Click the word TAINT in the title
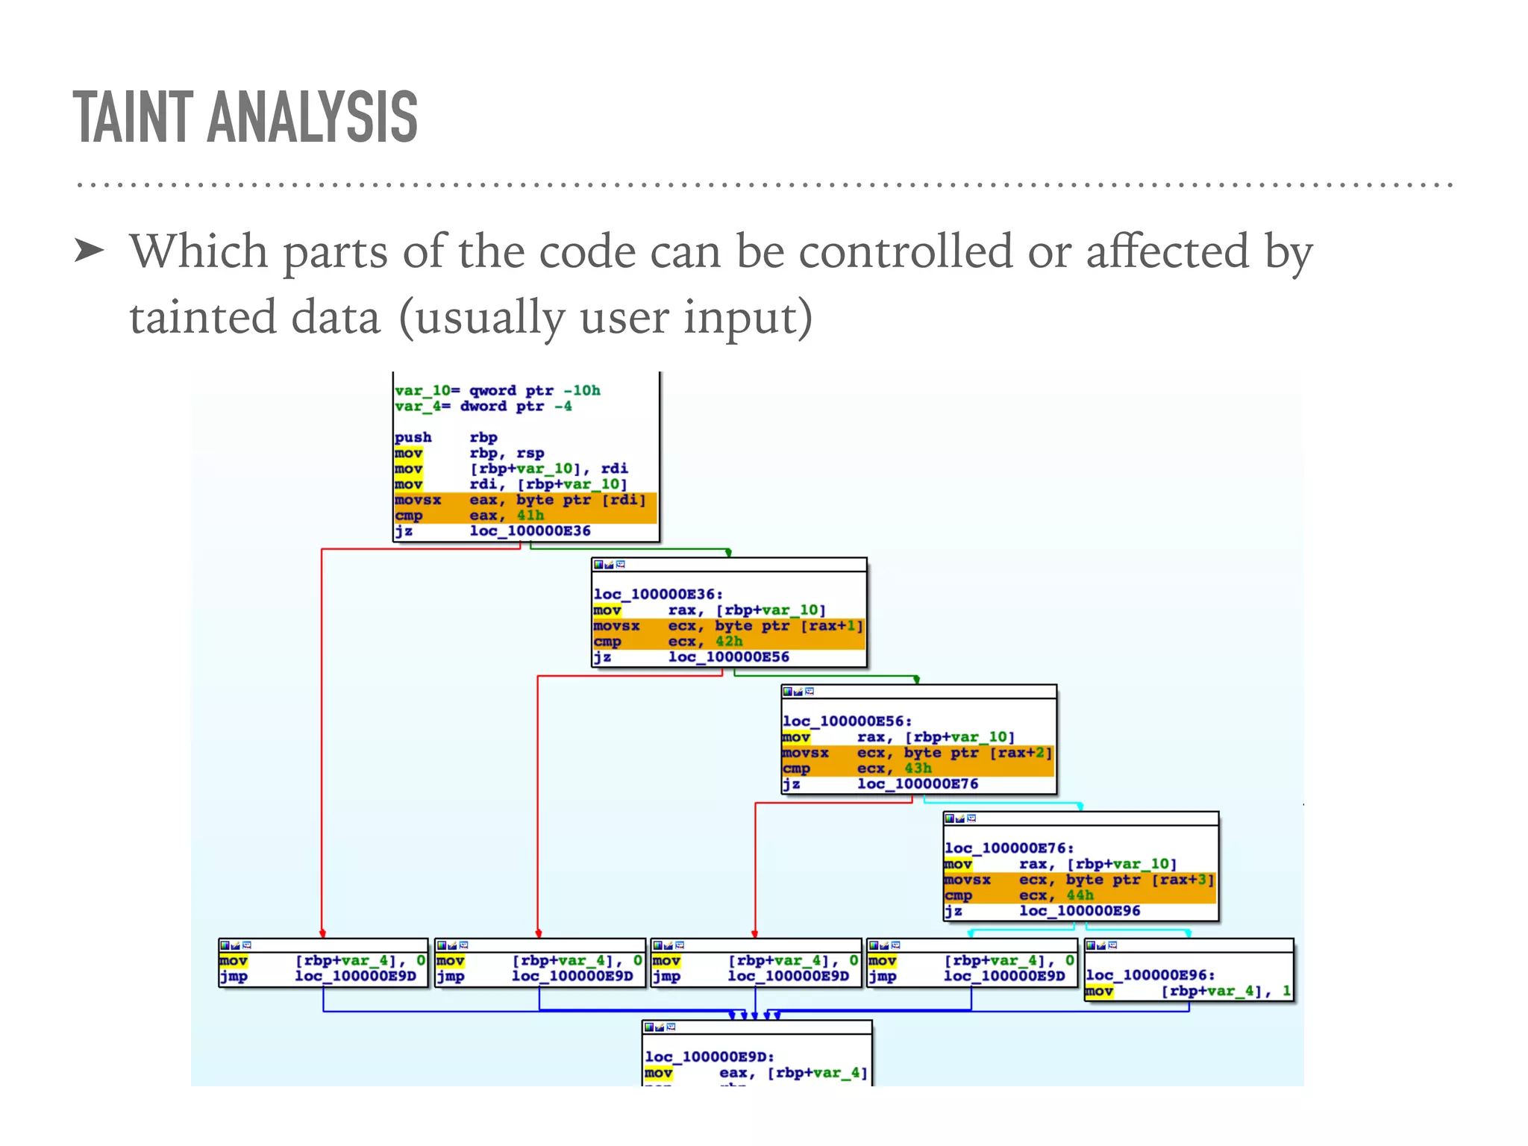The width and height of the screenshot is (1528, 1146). point(133,117)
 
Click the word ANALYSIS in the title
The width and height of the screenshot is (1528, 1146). point(313,117)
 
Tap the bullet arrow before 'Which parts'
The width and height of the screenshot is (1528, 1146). point(90,251)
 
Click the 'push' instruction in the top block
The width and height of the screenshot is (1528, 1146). point(413,437)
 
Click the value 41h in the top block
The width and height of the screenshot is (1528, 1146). point(530,516)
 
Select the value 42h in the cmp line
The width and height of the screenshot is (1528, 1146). point(729,642)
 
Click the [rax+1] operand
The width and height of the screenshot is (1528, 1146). point(831,626)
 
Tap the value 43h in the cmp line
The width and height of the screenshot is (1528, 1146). point(918,768)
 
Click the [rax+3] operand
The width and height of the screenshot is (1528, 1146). point(1183,880)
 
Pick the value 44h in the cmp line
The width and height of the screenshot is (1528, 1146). point(1080,895)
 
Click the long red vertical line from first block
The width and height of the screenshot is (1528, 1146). point(322,746)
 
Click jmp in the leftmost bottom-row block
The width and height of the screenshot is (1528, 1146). point(234,977)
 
